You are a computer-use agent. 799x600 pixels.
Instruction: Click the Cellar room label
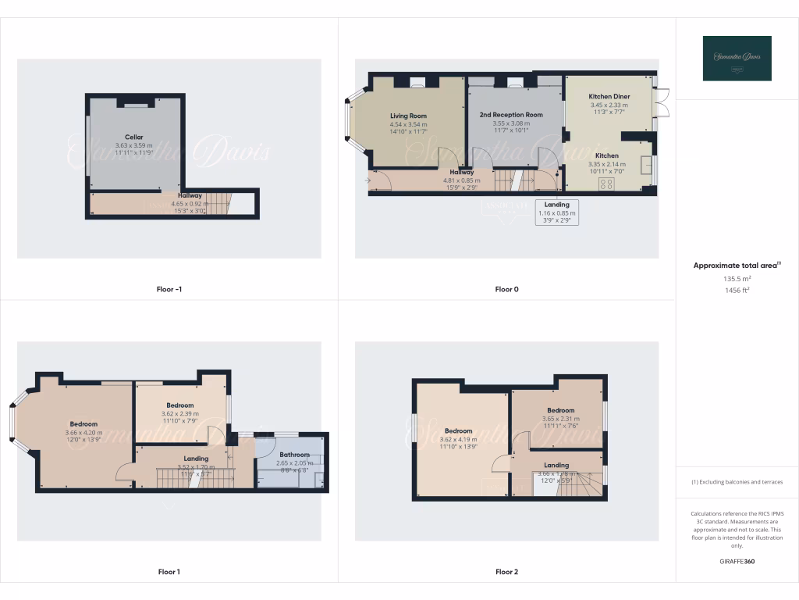click(x=134, y=137)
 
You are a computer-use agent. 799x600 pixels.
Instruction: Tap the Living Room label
click(x=408, y=116)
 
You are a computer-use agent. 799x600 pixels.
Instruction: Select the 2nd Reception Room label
click(x=511, y=115)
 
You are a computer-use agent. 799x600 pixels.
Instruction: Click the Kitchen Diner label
click(x=609, y=96)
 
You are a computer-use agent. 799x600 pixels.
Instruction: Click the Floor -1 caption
click(x=169, y=289)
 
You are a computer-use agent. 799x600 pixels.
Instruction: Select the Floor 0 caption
click(x=506, y=289)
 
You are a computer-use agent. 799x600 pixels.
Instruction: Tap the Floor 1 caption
click(x=169, y=572)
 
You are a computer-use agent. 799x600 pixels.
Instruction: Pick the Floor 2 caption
click(x=506, y=572)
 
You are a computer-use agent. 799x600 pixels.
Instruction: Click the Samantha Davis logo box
click(x=737, y=59)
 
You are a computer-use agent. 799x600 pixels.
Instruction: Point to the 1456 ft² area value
click(x=737, y=290)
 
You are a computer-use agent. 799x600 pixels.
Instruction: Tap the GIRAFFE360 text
click(x=737, y=561)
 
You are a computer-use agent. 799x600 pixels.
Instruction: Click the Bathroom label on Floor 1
click(x=295, y=455)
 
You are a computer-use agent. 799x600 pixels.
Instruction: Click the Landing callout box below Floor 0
click(x=557, y=212)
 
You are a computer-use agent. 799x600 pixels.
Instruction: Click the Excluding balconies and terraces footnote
click(x=737, y=482)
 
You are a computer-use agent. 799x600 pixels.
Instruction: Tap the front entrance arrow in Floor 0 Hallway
click(x=368, y=181)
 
